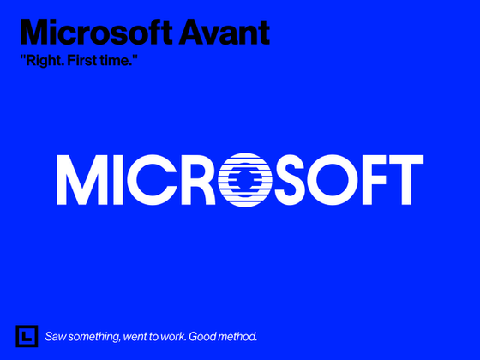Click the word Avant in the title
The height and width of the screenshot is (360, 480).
[x=224, y=33]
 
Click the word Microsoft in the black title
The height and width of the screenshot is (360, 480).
[x=96, y=33]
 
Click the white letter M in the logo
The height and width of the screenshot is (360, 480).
[x=82, y=180]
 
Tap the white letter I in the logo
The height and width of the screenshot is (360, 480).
[x=118, y=180]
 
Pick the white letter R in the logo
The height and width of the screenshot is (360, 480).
[x=199, y=180]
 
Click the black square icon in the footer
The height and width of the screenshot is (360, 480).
[x=27, y=336]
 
